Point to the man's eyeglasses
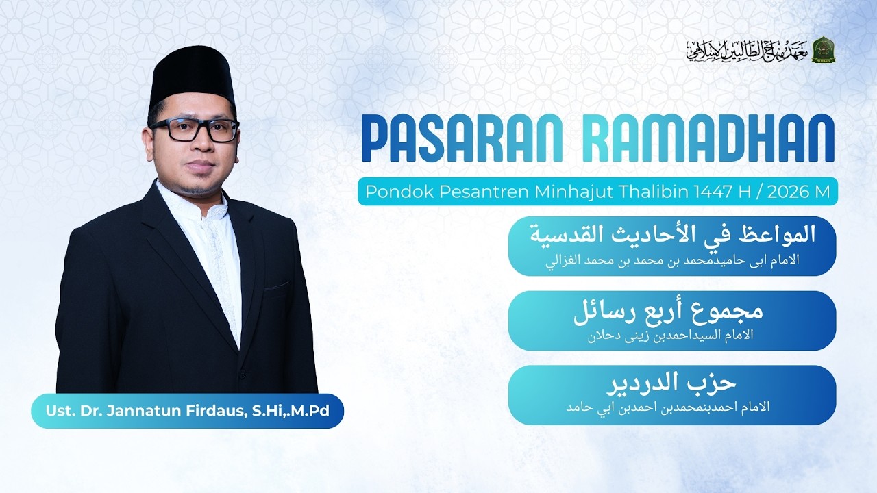coord(194,129)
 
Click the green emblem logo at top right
coord(823,50)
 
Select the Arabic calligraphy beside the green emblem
coord(747,50)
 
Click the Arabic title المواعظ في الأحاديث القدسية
coord(672,235)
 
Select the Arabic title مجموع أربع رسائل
coord(668,312)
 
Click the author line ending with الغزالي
coord(672,261)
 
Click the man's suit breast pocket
coord(277,286)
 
